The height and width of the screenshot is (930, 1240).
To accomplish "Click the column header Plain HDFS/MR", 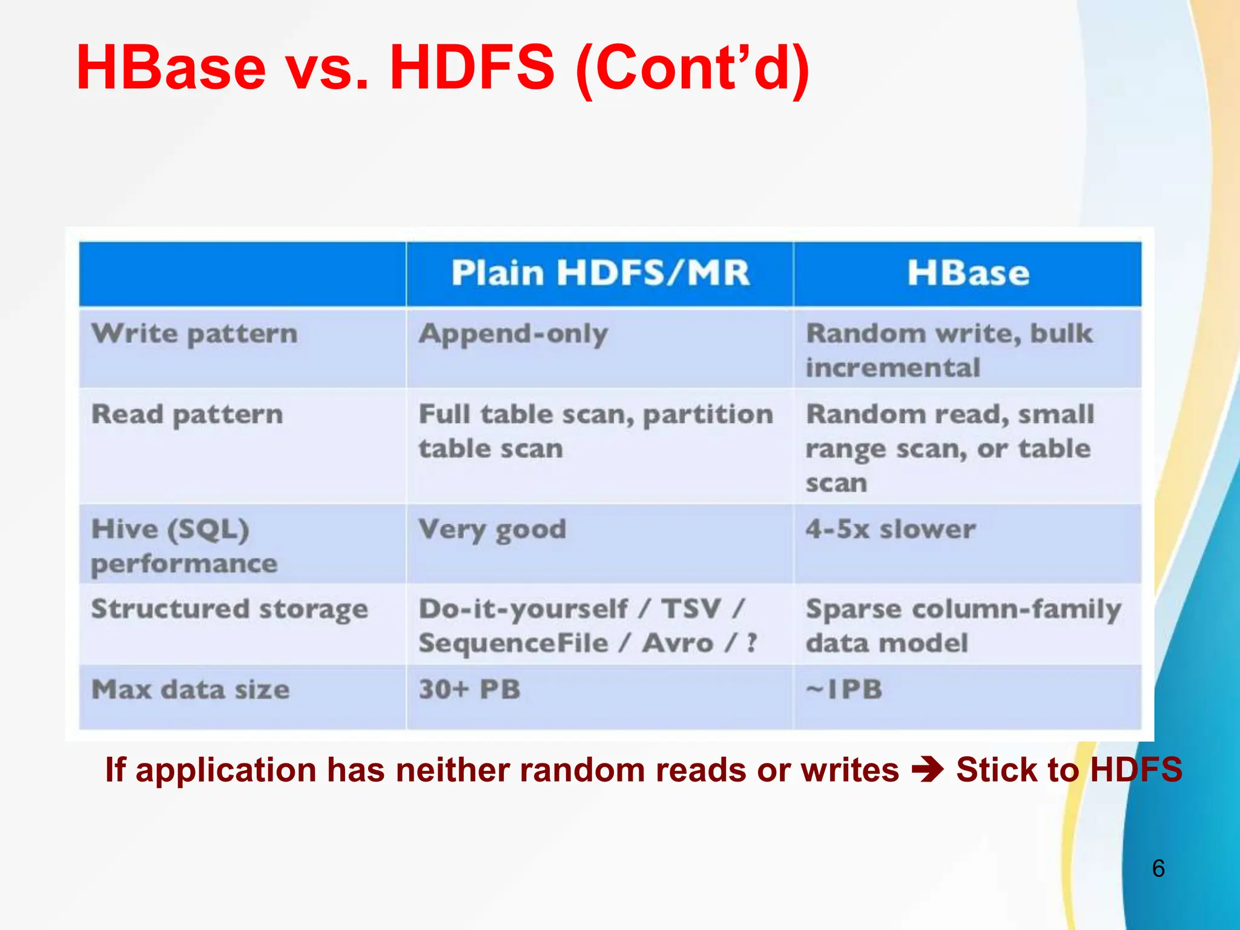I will [x=599, y=272].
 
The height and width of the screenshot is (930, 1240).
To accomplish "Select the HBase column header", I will [x=968, y=272].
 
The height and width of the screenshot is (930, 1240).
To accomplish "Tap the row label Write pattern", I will [x=194, y=334].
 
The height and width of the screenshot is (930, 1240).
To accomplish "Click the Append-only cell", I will [x=513, y=334].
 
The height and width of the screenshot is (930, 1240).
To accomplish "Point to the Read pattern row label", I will [x=187, y=415].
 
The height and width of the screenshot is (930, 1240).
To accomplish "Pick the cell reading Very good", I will [x=492, y=530].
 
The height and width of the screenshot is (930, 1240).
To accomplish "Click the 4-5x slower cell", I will [x=890, y=529].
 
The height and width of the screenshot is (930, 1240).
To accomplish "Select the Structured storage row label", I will [x=229, y=609].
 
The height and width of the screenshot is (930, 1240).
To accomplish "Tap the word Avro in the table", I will [x=678, y=643].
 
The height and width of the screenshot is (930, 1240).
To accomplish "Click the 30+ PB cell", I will [x=469, y=690].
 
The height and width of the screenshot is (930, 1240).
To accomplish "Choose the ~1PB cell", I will [x=843, y=690].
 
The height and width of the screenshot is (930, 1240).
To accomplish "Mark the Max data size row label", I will [x=190, y=690].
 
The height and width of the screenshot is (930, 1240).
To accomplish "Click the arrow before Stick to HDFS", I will [x=928, y=770].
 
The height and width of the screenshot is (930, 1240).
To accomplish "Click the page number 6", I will [x=1158, y=868].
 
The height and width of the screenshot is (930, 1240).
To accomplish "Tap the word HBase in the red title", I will [x=171, y=68].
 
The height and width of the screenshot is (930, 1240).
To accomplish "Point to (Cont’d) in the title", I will [x=693, y=68].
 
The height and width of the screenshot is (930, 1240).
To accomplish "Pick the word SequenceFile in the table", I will [x=513, y=643].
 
